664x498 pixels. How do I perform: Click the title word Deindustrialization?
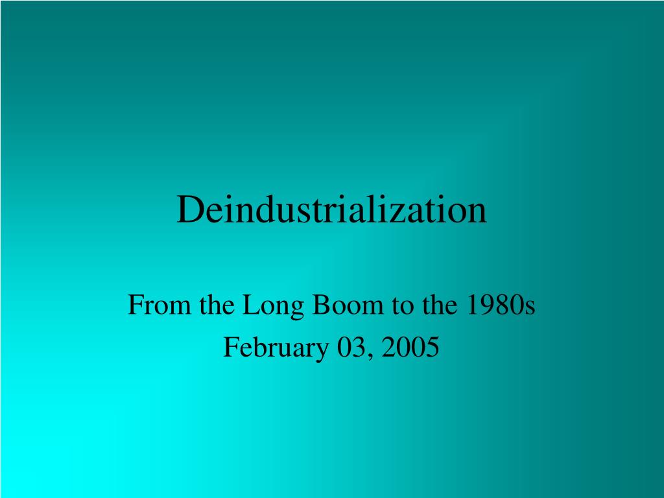[331, 210]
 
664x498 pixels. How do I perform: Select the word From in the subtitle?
[150, 305]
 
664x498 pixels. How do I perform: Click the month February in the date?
[277, 348]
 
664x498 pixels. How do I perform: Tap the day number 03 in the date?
[350, 348]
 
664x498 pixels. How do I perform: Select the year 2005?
[410, 348]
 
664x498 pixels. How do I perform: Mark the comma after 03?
[368, 355]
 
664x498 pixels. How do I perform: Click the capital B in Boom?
[321, 305]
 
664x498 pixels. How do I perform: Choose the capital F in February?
[230, 348]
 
